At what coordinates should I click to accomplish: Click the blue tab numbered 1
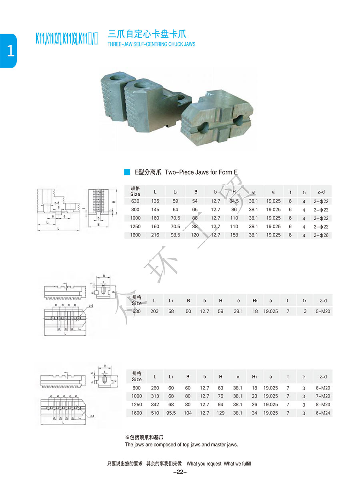pos(8,51)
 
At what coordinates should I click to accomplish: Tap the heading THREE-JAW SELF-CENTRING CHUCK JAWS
pos(152,44)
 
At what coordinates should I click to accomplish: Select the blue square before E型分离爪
pos(127,172)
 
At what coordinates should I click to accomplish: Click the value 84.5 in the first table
pos(234,201)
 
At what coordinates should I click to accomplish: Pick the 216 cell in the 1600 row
pos(155,235)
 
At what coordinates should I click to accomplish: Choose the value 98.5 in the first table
pos(175,235)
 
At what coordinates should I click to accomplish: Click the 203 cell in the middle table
pos(154,311)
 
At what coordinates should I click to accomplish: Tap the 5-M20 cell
pos(322,311)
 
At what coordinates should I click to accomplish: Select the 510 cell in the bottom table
pos(155,413)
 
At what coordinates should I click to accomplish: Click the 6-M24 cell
pos(322,413)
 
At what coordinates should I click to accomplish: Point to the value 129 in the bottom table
pos(221,413)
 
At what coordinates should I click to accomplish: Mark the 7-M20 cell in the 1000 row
pos(322,396)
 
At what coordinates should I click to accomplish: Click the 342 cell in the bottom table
pos(155,405)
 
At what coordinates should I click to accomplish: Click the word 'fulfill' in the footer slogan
pos(244,464)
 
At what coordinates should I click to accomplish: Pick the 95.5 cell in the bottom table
pos(171,413)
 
